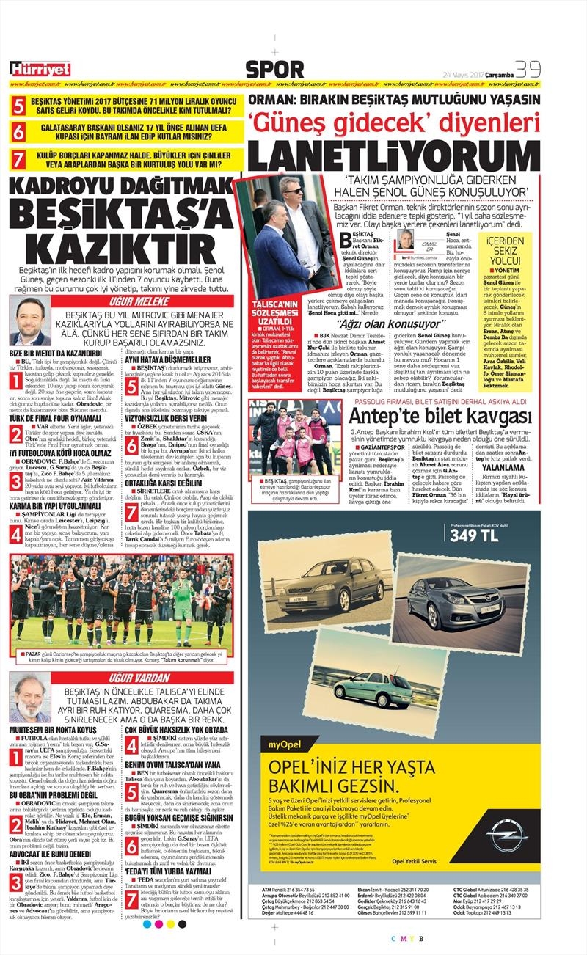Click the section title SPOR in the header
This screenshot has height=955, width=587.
pos(274,70)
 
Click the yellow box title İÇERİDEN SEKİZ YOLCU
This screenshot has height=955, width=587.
pos(506,251)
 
